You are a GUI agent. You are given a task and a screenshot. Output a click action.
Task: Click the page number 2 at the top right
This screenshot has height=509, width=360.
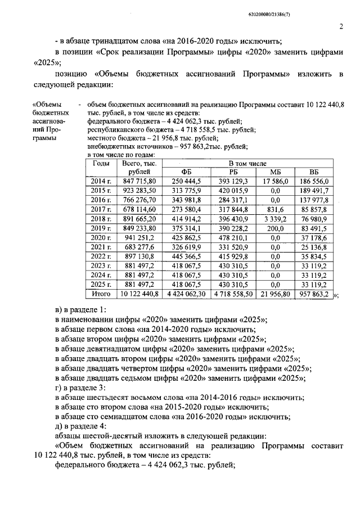341,26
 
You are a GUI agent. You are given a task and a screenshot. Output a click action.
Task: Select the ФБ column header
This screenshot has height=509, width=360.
186,172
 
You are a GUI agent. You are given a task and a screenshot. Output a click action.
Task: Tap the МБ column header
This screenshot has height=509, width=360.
275,172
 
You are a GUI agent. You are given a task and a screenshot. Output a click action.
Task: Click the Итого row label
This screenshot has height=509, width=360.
101,294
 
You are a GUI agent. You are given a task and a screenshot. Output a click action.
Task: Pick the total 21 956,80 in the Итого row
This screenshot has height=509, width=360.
276,294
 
